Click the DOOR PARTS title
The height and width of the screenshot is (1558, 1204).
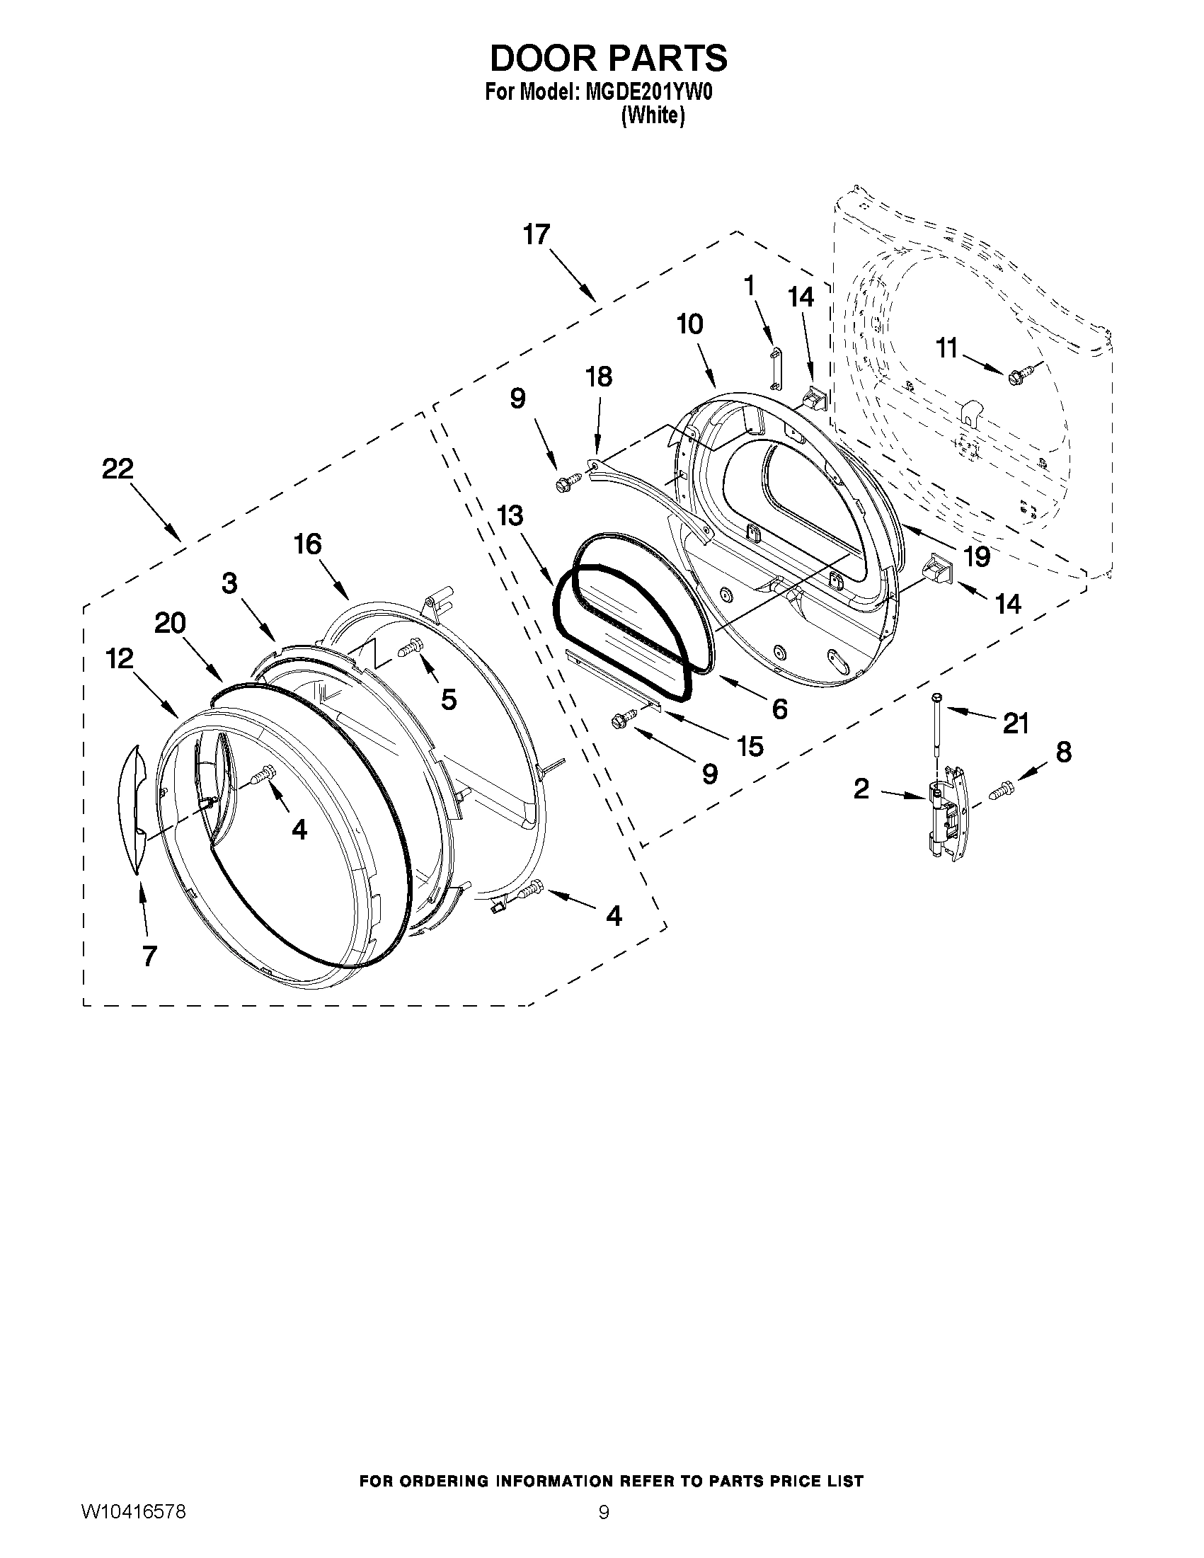608,58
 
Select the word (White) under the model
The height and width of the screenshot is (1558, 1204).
653,115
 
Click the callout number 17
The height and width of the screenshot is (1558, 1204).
537,234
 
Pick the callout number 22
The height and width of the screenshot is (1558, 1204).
117,469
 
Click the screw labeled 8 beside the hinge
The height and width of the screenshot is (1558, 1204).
1001,789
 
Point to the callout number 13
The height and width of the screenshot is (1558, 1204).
510,515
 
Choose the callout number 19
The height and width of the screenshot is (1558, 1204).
977,556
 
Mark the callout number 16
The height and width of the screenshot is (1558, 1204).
308,545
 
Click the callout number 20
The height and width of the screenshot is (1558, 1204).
170,624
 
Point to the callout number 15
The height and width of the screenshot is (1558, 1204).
749,746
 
